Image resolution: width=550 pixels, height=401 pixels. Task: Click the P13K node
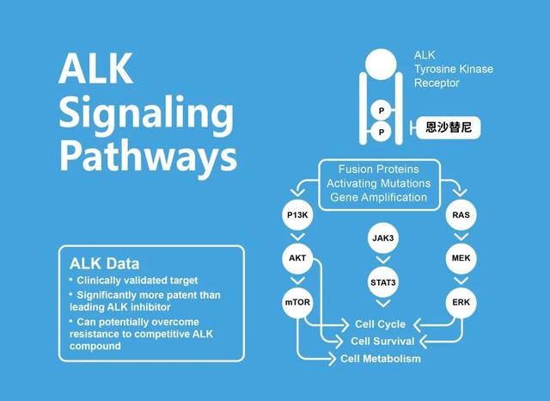click(x=297, y=215)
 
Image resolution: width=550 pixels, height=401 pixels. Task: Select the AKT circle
click(x=297, y=258)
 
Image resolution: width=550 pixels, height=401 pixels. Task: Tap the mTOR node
click(x=297, y=302)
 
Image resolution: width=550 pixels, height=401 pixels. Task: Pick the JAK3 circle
click(x=383, y=238)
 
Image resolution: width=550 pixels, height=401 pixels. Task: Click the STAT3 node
click(x=383, y=282)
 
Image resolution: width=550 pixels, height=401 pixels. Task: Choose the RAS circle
click(x=461, y=215)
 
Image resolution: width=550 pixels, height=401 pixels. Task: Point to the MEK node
click(x=461, y=258)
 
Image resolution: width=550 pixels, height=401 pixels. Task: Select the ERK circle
click(x=461, y=302)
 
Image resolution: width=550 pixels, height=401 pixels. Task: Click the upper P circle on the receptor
click(x=382, y=111)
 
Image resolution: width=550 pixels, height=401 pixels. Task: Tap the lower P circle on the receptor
click(x=382, y=132)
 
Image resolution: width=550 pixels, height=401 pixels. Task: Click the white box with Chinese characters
click(x=449, y=127)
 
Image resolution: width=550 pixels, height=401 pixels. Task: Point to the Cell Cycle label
click(x=380, y=324)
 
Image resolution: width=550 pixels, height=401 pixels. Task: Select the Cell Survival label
click(x=382, y=341)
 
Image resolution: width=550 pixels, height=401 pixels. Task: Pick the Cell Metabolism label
click(x=381, y=359)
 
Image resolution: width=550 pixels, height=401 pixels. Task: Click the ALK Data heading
click(x=105, y=263)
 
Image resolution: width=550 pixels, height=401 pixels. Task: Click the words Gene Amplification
click(x=379, y=197)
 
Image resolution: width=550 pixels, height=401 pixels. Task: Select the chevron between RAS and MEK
click(x=461, y=237)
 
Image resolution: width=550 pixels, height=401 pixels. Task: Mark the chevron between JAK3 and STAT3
click(x=383, y=260)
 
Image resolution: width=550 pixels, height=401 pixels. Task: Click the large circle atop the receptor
click(x=381, y=65)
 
